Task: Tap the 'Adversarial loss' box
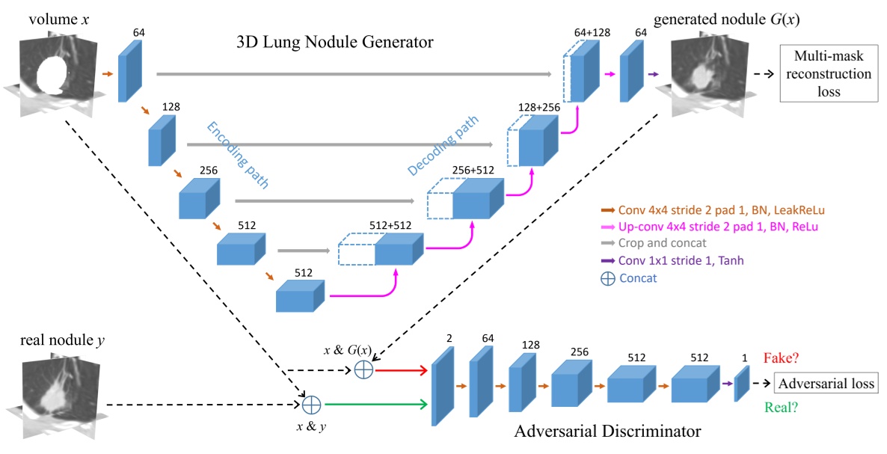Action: [x=825, y=384]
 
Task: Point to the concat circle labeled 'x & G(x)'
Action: [x=363, y=369]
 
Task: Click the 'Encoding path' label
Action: [x=239, y=156]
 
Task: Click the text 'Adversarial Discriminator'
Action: [x=608, y=432]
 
